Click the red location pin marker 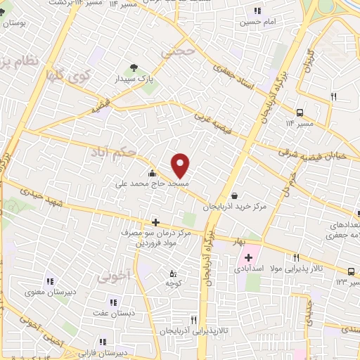(181, 165)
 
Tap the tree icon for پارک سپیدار (134, 69)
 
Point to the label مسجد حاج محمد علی (153, 183)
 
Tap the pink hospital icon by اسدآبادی (248, 258)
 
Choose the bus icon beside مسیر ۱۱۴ (300, 112)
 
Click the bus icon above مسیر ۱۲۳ (351, 271)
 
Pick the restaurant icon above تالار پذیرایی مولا (297, 257)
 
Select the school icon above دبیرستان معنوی (49, 281)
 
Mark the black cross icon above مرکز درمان (155, 222)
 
